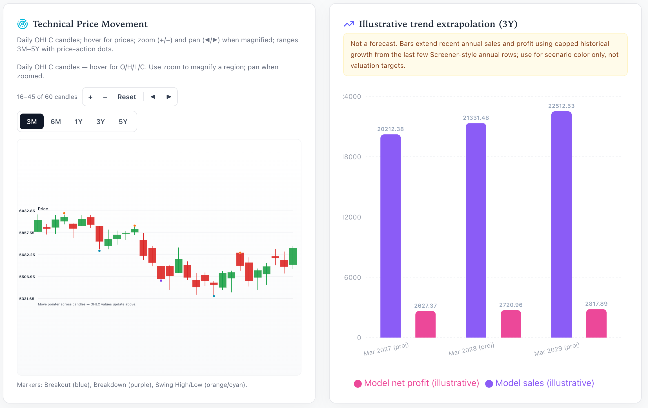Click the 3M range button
click(32, 121)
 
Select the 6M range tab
click(56, 121)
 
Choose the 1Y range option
click(78, 121)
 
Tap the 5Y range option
click(123, 121)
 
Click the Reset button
click(127, 97)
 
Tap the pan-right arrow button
click(169, 97)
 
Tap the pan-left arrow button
click(153, 97)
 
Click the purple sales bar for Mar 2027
click(390, 236)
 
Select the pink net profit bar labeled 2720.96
click(511, 324)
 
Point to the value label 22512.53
click(561, 106)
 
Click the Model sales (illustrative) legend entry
click(540, 383)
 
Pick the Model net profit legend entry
click(416, 383)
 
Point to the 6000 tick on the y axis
click(352, 278)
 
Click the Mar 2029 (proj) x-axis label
click(557, 349)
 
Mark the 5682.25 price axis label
click(27, 255)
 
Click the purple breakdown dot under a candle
click(161, 281)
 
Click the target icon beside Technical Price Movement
click(23, 24)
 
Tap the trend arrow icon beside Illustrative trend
click(349, 24)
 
